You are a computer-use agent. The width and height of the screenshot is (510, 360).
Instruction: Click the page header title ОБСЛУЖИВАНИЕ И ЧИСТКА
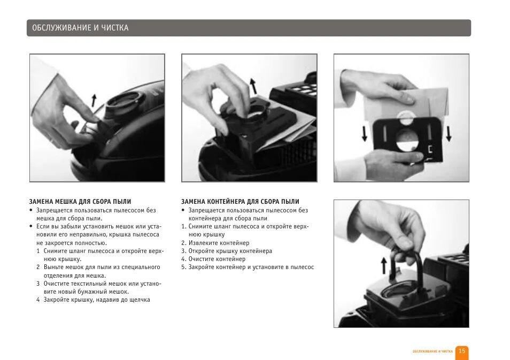80,28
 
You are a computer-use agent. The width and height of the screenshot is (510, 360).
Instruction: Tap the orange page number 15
462,351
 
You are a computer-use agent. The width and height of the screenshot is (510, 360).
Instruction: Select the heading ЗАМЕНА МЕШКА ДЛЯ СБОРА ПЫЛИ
80,202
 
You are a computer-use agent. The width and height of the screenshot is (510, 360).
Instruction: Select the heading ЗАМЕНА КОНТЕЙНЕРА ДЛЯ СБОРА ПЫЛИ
240,202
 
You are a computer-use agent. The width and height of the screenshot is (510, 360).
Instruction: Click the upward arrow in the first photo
94,100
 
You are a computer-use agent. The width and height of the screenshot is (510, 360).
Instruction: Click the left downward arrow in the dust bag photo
365,134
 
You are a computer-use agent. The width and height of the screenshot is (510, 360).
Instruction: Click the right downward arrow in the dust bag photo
449,134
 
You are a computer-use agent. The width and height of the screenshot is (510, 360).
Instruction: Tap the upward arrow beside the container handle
384,265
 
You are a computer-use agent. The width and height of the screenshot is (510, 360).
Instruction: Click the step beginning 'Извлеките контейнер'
215,243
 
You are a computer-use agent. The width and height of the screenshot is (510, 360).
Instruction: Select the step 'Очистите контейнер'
213,259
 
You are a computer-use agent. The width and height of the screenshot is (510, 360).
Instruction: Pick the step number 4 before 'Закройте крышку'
38,300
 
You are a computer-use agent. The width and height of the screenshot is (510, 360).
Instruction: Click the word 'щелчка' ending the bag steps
140,300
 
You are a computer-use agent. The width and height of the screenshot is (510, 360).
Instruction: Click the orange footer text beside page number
432,351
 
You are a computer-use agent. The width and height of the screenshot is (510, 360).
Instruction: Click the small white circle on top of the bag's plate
405,118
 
